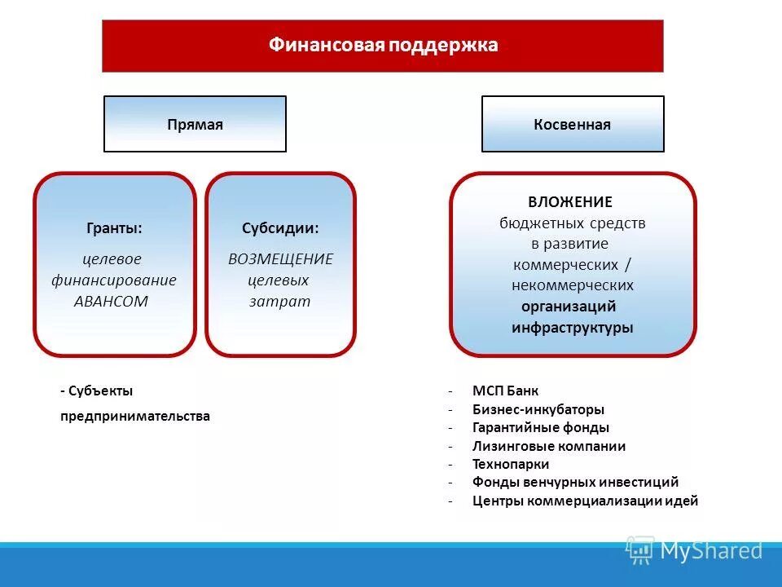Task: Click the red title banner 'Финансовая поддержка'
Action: pyautogui.click(x=383, y=46)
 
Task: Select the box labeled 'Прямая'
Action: pyautogui.click(x=195, y=125)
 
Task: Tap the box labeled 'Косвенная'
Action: pyautogui.click(x=572, y=125)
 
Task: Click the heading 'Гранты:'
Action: pyautogui.click(x=114, y=228)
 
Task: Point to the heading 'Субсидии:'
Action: pyautogui.click(x=280, y=228)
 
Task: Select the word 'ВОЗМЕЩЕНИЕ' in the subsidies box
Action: pyautogui.click(x=280, y=259)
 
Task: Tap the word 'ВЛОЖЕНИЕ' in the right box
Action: pyautogui.click(x=569, y=202)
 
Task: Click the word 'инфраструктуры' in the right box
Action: pyautogui.click(x=572, y=328)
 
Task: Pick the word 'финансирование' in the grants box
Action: pyautogui.click(x=114, y=280)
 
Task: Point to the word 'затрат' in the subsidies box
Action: pyautogui.click(x=279, y=301)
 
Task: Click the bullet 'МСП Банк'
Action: pyautogui.click(x=505, y=391)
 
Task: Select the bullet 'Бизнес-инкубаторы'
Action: pyautogui.click(x=538, y=410)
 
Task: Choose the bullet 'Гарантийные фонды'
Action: pyautogui.click(x=540, y=428)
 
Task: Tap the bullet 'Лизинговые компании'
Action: pyautogui.click(x=549, y=447)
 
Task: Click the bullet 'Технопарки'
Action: pyautogui.click(x=511, y=465)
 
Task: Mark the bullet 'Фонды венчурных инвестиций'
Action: pyautogui.click(x=575, y=483)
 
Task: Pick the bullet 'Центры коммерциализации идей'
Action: pyautogui.click(x=585, y=501)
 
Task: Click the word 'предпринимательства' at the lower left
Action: pyautogui.click(x=134, y=417)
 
